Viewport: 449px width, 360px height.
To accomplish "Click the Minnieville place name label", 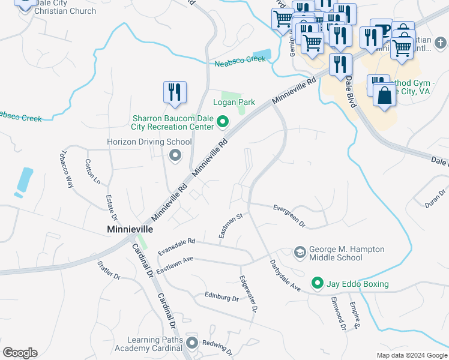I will click(x=130, y=229).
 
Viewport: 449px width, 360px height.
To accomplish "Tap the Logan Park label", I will click(x=234, y=102).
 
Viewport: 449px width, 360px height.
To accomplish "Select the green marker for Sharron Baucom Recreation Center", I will click(x=223, y=123).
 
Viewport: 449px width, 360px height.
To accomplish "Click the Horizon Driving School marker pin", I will click(x=175, y=156).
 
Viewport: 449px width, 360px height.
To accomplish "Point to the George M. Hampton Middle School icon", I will click(x=300, y=253).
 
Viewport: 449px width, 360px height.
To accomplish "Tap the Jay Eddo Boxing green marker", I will click(x=316, y=283).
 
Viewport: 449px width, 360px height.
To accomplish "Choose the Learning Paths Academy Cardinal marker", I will click(x=192, y=344).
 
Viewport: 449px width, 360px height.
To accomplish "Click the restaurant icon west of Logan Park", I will click(x=175, y=92).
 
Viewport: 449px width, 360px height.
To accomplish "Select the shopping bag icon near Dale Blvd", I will click(x=384, y=95).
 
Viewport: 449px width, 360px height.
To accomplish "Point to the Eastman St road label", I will click(x=230, y=226).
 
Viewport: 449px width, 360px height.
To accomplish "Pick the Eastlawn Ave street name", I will click(x=175, y=265).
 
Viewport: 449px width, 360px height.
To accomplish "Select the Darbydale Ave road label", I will click(x=284, y=275).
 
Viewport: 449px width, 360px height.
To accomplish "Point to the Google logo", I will click(x=20, y=353).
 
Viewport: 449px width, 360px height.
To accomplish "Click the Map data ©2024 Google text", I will click(x=411, y=355).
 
